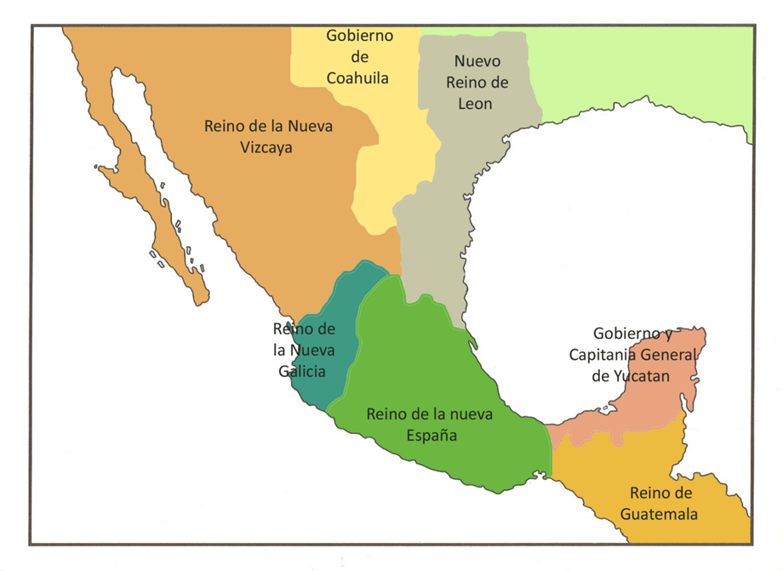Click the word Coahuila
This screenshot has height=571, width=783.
(357, 77)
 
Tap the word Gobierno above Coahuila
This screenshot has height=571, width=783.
(359, 36)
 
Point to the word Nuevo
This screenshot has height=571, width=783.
(477, 61)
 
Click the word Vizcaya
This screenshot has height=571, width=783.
(269, 146)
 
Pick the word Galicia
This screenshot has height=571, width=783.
(302, 371)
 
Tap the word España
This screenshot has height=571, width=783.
(431, 436)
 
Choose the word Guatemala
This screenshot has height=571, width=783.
(659, 514)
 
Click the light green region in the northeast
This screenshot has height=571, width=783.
(647, 77)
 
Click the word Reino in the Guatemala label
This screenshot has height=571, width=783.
(661, 493)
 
